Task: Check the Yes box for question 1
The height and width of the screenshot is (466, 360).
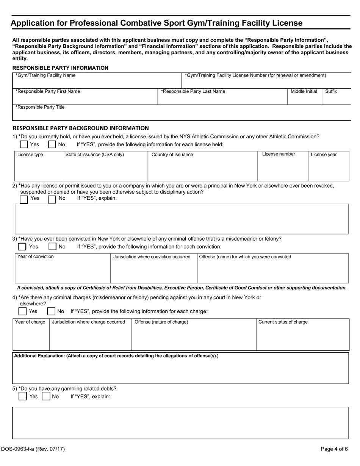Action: pos(24,144)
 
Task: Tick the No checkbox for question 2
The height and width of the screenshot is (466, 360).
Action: pos(52,199)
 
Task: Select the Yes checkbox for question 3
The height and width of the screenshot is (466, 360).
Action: pos(22,247)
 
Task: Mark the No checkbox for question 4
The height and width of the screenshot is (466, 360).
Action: pos(51,311)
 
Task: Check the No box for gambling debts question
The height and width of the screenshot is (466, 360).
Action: pos(46,396)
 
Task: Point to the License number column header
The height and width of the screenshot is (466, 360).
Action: pos(279,154)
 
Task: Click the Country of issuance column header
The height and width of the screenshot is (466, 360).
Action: pos(172,155)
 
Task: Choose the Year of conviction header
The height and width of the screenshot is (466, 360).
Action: pos(36,256)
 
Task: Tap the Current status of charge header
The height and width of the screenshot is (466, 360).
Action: pos(283,322)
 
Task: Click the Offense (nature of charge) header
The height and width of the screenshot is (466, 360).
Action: pos(161,322)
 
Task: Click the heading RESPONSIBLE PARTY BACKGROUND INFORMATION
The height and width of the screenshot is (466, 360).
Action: pos(81,128)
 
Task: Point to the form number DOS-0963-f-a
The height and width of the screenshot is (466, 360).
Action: pos(33,449)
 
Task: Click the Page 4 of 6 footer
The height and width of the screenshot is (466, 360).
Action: pos(334,449)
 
